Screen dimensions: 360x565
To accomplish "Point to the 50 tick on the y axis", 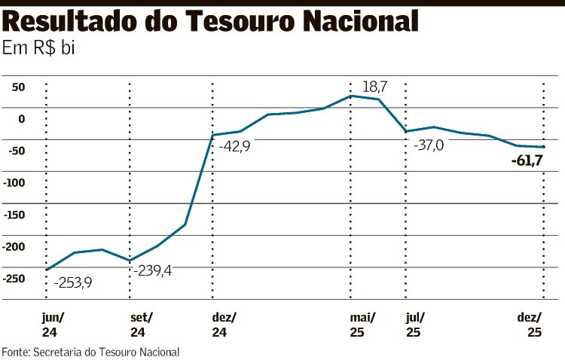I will tap(17, 87).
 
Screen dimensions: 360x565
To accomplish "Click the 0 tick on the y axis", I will tap(22, 119).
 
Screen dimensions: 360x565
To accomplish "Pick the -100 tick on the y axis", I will tap(14, 183).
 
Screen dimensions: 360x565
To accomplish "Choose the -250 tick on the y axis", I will tap(14, 279).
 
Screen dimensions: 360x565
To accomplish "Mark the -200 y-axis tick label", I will tap(14, 247).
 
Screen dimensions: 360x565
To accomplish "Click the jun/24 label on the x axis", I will tap(54, 325).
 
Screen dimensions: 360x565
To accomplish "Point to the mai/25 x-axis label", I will tap(363, 325).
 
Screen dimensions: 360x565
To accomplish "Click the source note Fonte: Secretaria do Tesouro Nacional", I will tap(90, 352).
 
